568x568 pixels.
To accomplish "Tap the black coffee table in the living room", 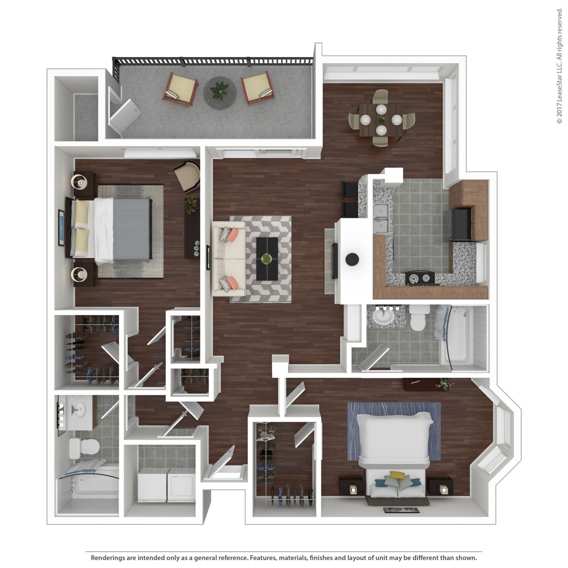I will [x=267, y=259].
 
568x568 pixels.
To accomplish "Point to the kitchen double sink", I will [x=381, y=217].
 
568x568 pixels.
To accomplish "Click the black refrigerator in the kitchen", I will [x=461, y=224].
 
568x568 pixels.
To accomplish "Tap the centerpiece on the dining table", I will [x=381, y=119].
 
